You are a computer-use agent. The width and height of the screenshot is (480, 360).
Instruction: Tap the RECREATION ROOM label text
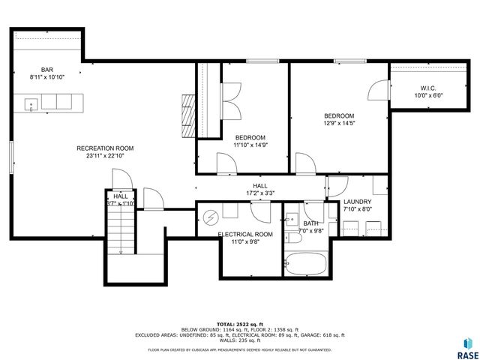point(105,148)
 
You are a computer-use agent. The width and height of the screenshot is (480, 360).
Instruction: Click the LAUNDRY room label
point(358,202)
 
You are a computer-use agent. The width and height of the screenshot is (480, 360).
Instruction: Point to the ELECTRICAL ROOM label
point(245,235)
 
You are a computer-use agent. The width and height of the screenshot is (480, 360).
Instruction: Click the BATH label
point(310,223)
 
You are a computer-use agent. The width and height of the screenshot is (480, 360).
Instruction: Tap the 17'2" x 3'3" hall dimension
point(259,193)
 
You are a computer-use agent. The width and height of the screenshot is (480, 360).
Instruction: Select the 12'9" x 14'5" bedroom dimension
point(338,123)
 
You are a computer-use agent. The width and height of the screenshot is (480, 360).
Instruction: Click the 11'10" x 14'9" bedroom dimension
point(250,145)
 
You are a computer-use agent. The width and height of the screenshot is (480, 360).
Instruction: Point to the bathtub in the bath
point(306,264)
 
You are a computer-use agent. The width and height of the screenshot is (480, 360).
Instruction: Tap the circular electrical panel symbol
point(211,217)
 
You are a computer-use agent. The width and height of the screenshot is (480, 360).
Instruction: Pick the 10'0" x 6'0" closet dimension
point(430,95)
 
